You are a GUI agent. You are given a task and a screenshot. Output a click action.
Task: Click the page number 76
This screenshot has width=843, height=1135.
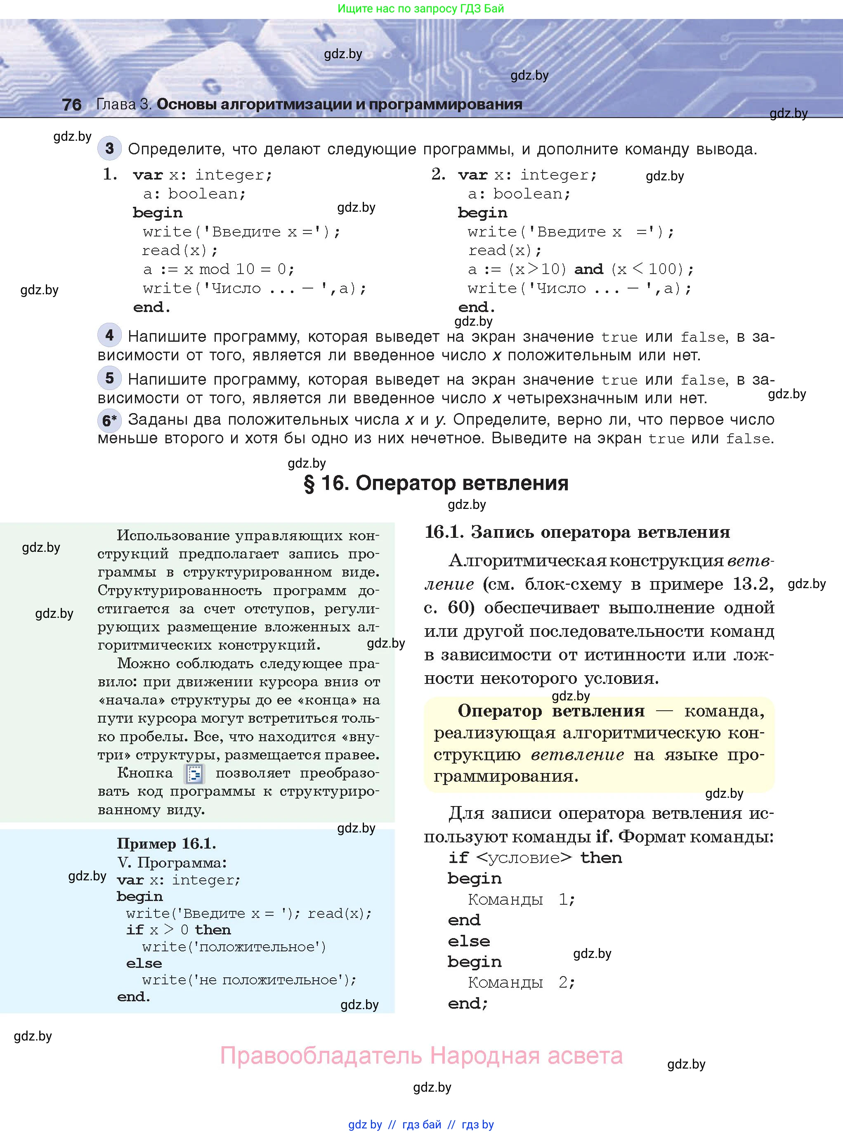pyautogui.click(x=71, y=104)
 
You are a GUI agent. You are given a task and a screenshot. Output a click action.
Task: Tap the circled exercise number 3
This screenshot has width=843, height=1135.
pyautogui.click(x=109, y=149)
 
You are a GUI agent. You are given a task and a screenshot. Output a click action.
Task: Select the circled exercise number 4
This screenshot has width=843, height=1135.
pyautogui.click(x=109, y=335)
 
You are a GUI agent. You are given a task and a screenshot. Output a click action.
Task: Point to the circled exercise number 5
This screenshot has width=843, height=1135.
pyautogui.click(x=109, y=378)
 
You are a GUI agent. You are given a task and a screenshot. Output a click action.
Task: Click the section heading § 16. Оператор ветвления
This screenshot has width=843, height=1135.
pyautogui.click(x=436, y=483)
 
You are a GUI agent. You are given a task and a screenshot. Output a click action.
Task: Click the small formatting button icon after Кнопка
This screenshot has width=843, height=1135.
pyautogui.click(x=194, y=774)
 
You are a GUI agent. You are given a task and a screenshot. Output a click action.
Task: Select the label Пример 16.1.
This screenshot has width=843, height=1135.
pyautogui.click(x=166, y=844)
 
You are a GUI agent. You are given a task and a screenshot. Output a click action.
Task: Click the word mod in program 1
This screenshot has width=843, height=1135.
pyautogui.click(x=214, y=270)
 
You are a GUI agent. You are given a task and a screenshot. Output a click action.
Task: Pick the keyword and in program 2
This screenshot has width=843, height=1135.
pyautogui.click(x=588, y=270)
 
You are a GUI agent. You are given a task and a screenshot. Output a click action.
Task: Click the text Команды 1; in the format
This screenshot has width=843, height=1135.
pyautogui.click(x=521, y=899)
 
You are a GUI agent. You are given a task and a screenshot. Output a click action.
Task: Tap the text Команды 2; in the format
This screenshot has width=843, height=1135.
pyautogui.click(x=521, y=982)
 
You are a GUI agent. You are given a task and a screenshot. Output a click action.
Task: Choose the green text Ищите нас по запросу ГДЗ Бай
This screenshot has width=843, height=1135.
pyautogui.click(x=420, y=9)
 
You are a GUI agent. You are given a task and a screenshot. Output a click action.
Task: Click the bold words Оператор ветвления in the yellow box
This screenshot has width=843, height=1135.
pyautogui.click(x=551, y=711)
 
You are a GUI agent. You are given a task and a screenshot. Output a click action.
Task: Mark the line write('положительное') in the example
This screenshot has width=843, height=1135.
pyautogui.click(x=234, y=947)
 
